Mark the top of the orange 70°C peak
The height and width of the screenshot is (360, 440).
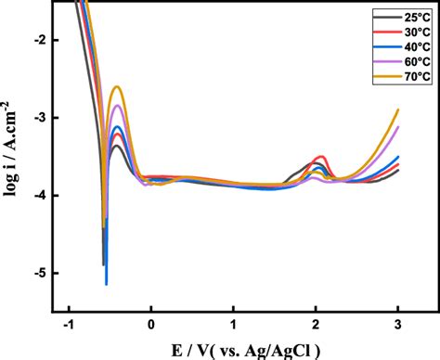point(118,87)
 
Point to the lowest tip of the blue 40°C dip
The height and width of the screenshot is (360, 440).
point(107,284)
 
